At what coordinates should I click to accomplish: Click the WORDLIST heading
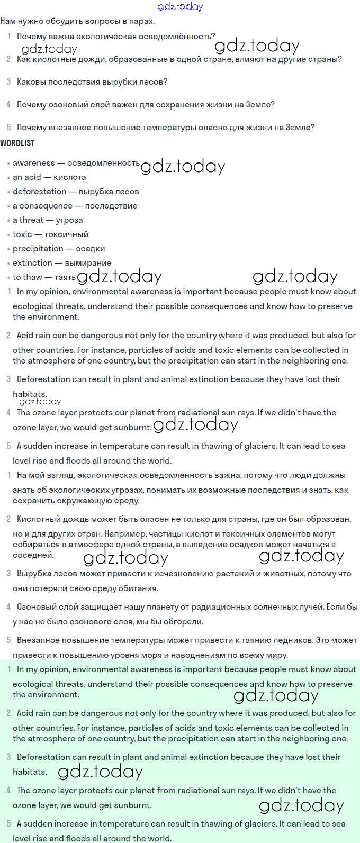pos(17,143)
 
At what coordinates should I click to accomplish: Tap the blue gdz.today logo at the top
pos(180,7)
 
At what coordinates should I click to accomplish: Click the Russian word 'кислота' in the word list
pos(69,177)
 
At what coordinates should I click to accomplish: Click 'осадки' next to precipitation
pos(90,249)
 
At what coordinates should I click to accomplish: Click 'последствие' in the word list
pos(111,206)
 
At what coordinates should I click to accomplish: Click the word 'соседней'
pos(33,555)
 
